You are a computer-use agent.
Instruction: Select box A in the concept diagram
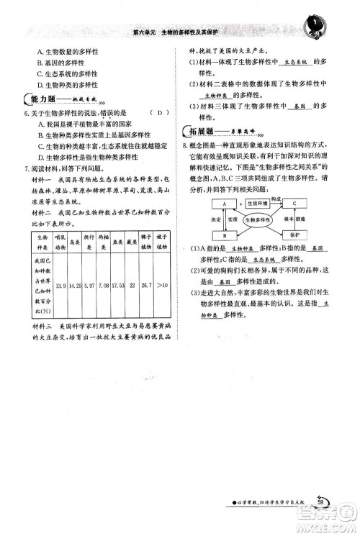point(224,204)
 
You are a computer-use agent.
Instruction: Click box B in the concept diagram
point(224,235)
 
